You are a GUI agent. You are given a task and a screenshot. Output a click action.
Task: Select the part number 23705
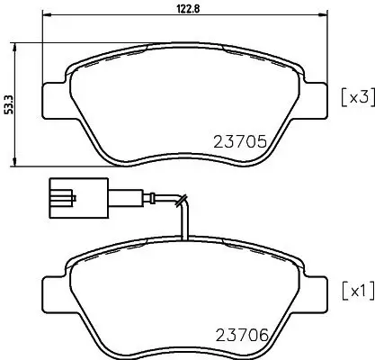point(244,140)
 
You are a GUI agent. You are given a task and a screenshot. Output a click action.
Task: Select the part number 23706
point(245,335)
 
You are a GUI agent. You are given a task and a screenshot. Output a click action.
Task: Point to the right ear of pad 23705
point(317,94)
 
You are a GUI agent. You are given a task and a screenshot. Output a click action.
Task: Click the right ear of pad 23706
point(317,290)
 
